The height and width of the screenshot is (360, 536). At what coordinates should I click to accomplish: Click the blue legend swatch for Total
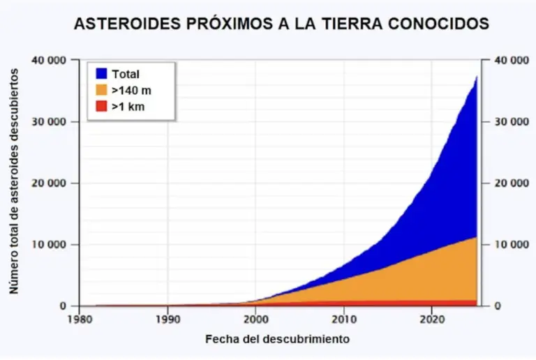101,73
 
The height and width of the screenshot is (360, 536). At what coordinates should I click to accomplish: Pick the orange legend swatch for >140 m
101,90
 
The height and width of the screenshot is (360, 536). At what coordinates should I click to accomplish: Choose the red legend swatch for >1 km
101,107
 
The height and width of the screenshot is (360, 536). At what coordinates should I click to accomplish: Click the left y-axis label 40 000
50,61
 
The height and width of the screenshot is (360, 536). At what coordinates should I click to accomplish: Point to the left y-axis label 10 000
50,245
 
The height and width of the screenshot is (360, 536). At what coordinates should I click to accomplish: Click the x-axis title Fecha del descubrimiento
277,340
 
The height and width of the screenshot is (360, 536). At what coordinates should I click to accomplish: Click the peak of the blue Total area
477,77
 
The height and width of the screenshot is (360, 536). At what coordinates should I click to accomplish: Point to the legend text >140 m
131,90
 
